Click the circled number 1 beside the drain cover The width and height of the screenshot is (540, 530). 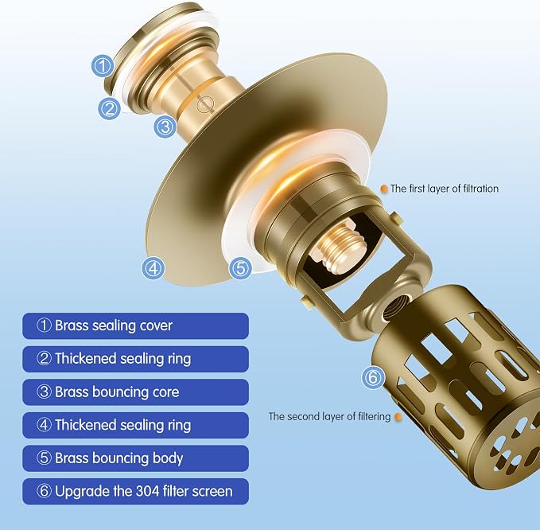pyautogui.click(x=103, y=66)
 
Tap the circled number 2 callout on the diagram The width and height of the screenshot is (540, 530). pyautogui.click(x=110, y=108)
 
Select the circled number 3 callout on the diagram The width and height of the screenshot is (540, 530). pyautogui.click(x=165, y=127)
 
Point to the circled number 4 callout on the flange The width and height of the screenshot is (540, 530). pyautogui.click(x=153, y=267)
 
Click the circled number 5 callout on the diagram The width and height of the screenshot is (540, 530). pyautogui.click(x=240, y=267)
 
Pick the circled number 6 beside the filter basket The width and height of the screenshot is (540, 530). pyautogui.click(x=373, y=378)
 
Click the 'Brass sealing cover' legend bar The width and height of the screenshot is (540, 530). pyautogui.click(x=135, y=325)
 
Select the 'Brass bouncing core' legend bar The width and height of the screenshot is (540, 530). pyautogui.click(x=135, y=392)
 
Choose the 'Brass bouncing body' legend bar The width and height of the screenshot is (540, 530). pyautogui.click(x=135, y=458)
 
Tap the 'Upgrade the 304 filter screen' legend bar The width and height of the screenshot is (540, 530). pyautogui.click(x=135, y=491)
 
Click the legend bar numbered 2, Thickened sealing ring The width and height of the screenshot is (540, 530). pyautogui.click(x=135, y=359)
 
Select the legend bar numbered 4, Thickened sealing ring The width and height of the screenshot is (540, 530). pyautogui.click(x=135, y=425)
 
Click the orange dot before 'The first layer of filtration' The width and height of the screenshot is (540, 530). pyautogui.click(x=384, y=189)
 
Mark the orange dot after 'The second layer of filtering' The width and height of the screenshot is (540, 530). pyautogui.click(x=398, y=417)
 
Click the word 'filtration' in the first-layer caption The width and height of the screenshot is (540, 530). pyautogui.click(x=481, y=189)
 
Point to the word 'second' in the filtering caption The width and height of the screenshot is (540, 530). pyautogui.click(x=304, y=416)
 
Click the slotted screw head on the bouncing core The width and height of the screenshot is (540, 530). pyautogui.click(x=206, y=103)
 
